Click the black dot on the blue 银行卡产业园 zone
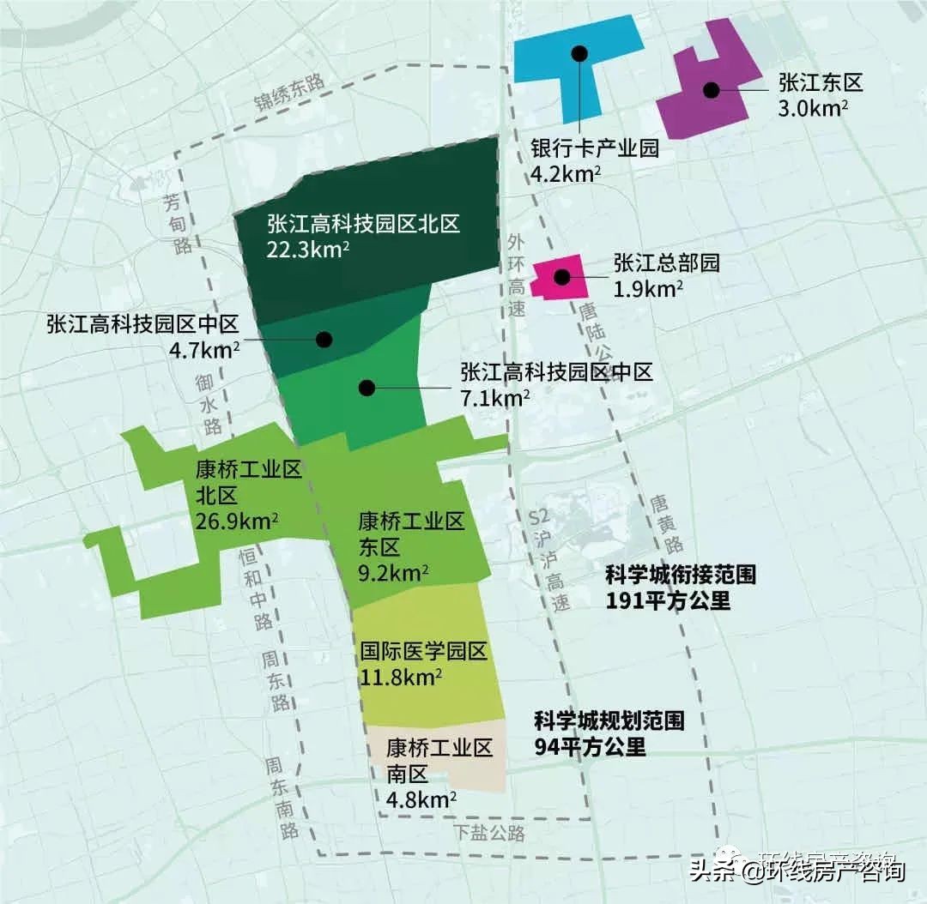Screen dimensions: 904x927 click(580, 53)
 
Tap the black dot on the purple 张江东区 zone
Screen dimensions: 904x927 click(711, 89)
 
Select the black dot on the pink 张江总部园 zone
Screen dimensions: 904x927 click(562, 276)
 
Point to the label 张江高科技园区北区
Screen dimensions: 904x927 click(363, 224)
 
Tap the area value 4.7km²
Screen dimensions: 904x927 click(205, 348)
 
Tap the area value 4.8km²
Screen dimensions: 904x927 click(421, 799)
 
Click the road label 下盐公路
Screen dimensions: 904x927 click(489, 832)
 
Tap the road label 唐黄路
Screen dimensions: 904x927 click(667, 523)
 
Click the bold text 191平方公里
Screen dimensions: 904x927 click(667, 600)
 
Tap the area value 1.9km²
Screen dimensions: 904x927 click(648, 287)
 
